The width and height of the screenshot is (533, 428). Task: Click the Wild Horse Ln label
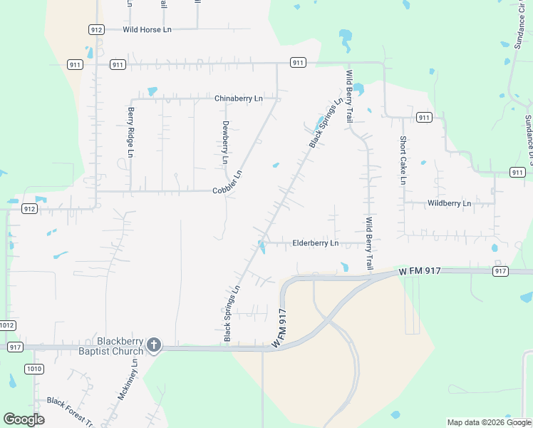click(x=148, y=29)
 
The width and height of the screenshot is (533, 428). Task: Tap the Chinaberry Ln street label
click(x=238, y=98)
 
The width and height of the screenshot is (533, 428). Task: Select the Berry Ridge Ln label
click(x=131, y=133)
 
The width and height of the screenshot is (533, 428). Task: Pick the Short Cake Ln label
click(x=403, y=160)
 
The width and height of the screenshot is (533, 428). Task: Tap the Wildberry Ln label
click(x=449, y=203)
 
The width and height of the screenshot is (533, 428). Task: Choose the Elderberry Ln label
click(x=315, y=243)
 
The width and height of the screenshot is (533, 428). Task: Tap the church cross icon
click(x=153, y=346)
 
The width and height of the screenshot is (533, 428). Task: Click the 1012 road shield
click(x=7, y=325)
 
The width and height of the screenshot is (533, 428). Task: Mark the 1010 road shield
click(x=33, y=368)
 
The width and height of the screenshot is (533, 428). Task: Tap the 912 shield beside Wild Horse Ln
click(x=97, y=29)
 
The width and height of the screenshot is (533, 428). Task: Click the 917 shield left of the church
click(x=15, y=347)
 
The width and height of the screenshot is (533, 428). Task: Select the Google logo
click(x=24, y=419)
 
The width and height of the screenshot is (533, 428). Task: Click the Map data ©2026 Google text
click(x=489, y=422)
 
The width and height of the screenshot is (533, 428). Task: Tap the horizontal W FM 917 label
click(x=420, y=271)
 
